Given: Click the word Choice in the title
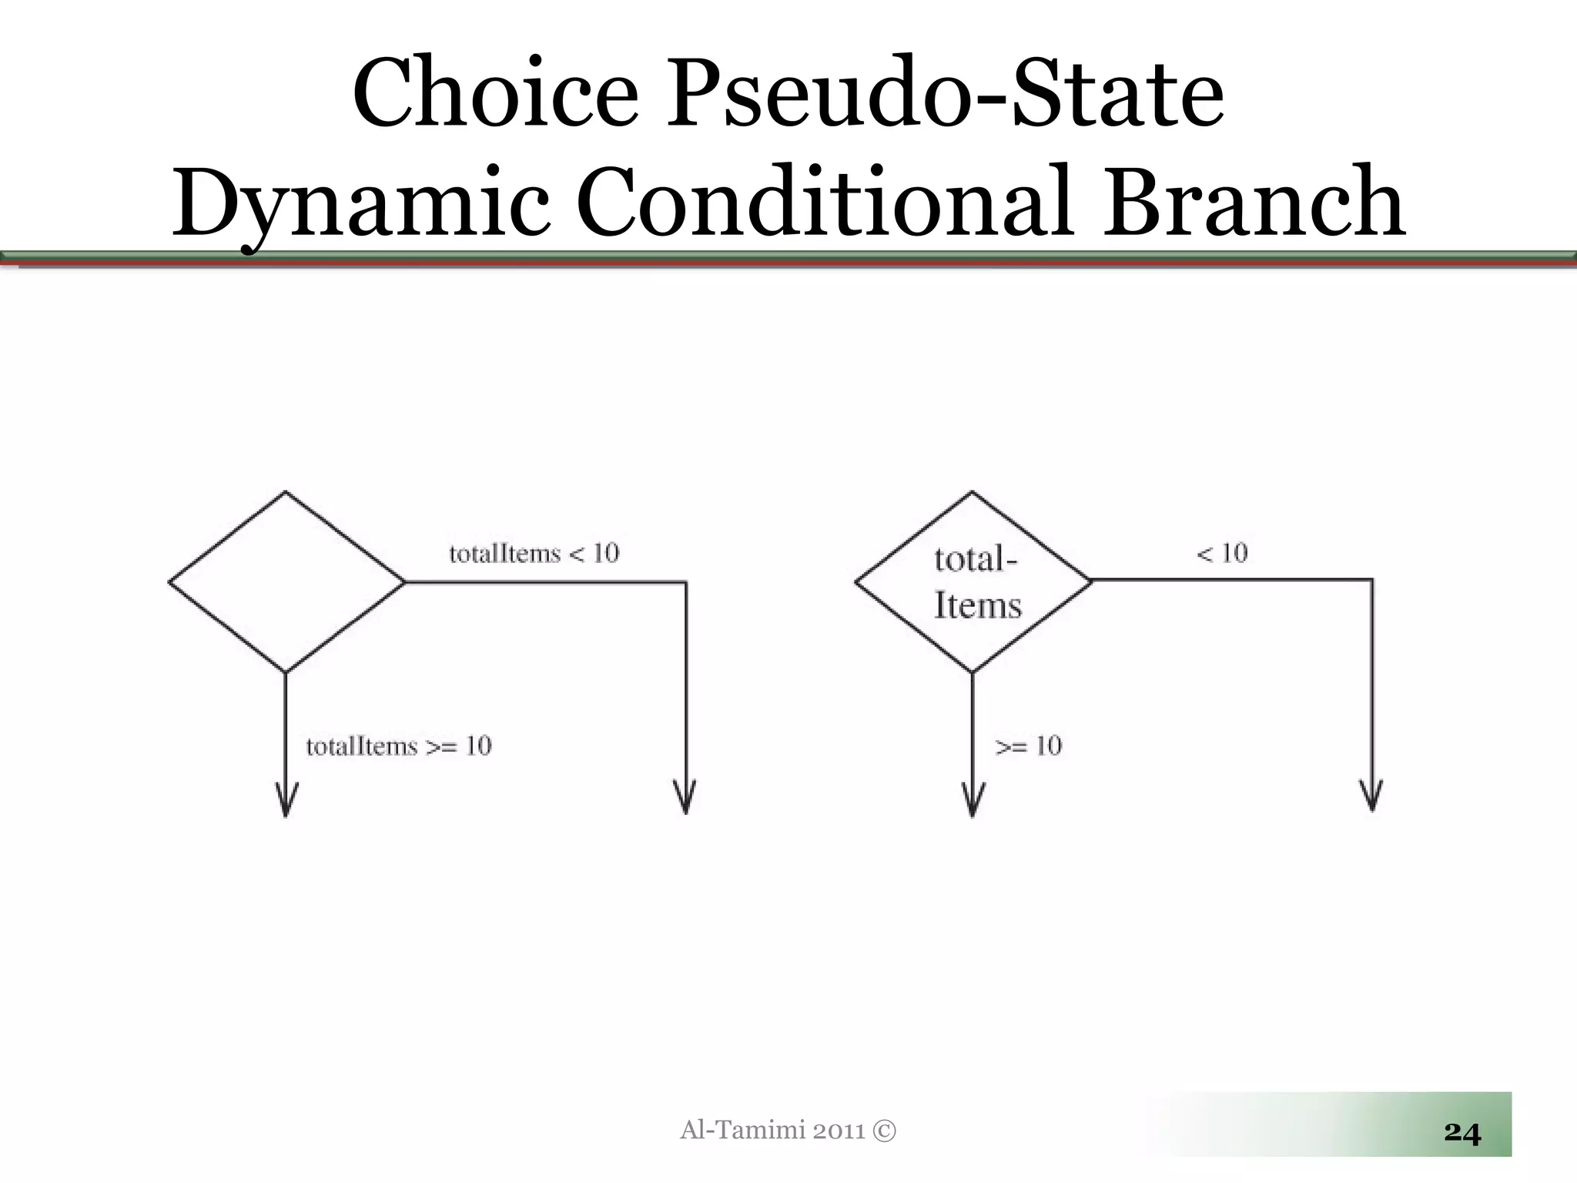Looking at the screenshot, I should click(x=495, y=95).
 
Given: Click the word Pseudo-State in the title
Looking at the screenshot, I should click(x=945, y=95).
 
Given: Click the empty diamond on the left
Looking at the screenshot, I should click(x=286, y=581).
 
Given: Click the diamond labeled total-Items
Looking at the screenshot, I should click(x=973, y=581).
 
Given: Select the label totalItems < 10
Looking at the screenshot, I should click(x=534, y=554).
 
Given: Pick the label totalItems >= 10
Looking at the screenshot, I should click(x=398, y=746).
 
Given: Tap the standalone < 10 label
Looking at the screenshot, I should click(x=1222, y=553).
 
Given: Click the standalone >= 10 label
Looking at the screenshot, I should click(x=1028, y=746).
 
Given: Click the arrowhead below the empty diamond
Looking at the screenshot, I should click(x=286, y=803).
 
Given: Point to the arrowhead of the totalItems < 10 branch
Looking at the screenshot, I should click(x=685, y=799).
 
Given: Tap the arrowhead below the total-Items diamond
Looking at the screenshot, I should click(x=973, y=803).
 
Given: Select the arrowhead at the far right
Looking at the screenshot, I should click(x=1371, y=798).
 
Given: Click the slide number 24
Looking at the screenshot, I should click(x=1461, y=1132).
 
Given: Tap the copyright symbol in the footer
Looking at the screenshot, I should click(x=885, y=1131).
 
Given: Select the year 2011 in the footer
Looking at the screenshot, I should click(x=839, y=1131).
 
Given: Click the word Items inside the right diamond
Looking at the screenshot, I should click(x=977, y=605).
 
